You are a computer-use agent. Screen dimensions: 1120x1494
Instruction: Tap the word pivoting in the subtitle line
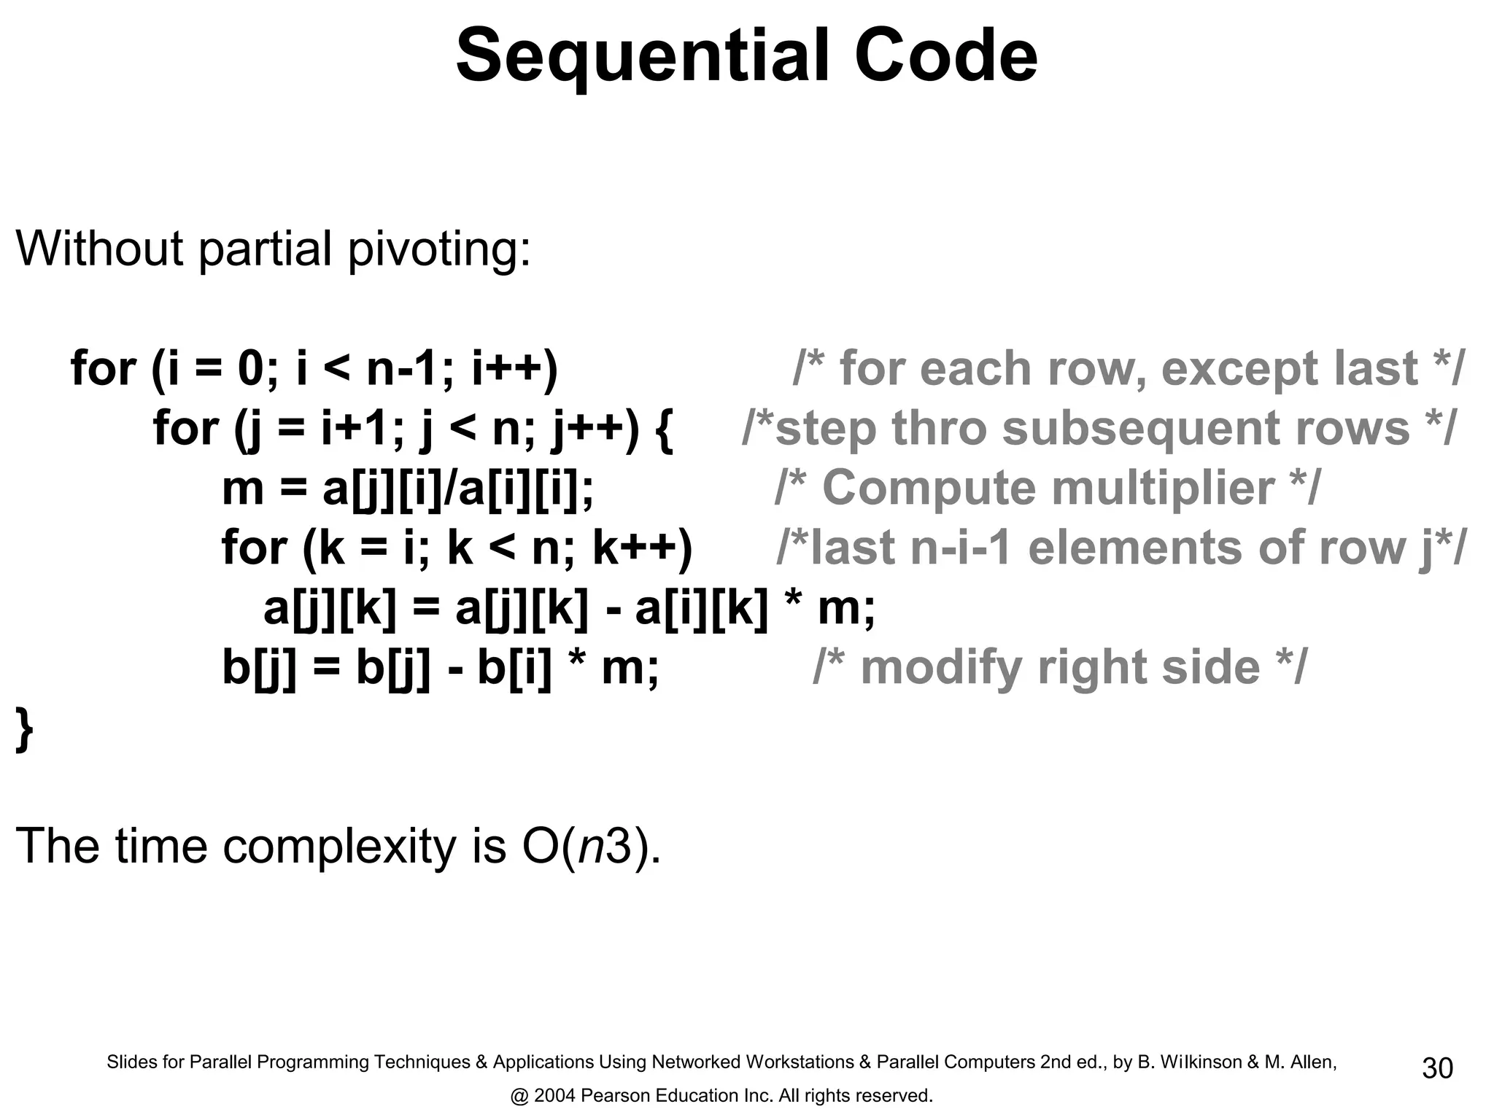438,249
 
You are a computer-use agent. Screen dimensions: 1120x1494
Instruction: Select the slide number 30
1437,1068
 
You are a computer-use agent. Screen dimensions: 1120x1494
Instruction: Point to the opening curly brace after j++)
664,429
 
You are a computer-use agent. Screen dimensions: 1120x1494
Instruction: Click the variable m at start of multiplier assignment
242,489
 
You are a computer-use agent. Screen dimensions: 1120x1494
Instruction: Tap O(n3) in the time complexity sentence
592,847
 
